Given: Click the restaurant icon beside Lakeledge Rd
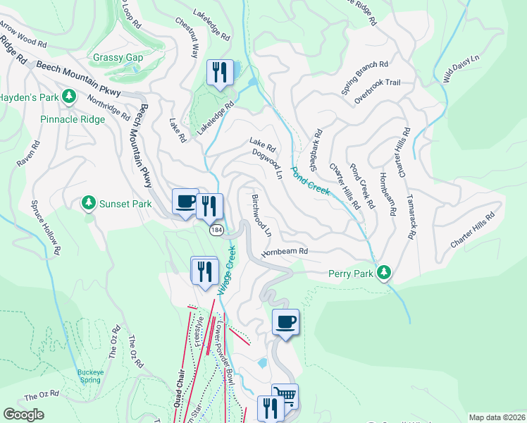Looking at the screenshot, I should pos(220,72).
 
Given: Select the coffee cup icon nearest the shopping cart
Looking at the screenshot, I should pos(285,322).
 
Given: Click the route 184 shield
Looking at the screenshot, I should pos(216,231).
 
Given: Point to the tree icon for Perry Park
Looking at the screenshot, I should pos(383,272).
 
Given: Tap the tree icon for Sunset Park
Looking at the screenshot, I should pos(89,204).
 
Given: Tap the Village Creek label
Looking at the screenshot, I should pos(225,271).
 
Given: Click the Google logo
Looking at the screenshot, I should pos(23,415).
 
